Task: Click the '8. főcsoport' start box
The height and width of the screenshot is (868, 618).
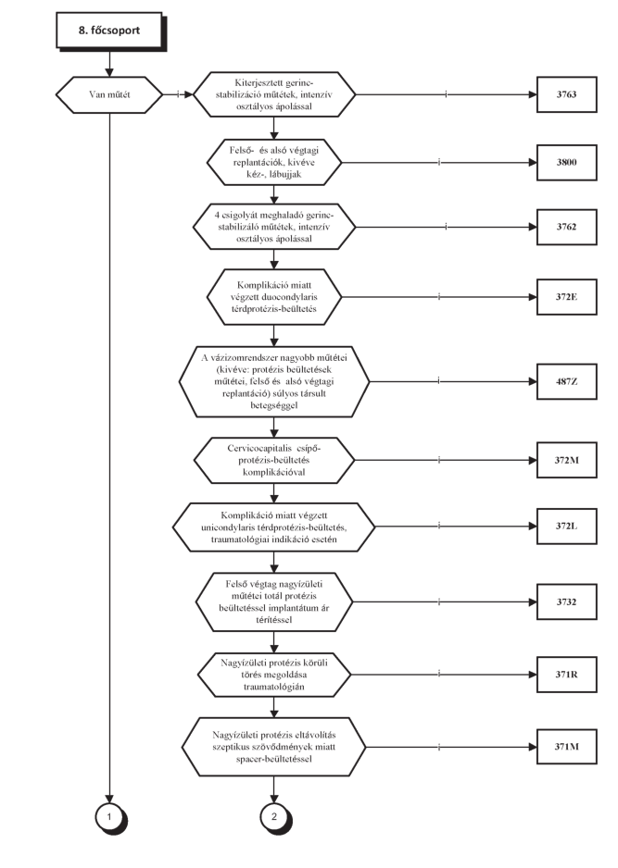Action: [109, 31]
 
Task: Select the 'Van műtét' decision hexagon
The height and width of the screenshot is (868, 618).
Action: [109, 94]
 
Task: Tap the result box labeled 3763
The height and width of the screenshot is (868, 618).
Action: [566, 94]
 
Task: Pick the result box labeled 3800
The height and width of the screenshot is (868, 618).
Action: [566, 163]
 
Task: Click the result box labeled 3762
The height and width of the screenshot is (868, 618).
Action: [566, 227]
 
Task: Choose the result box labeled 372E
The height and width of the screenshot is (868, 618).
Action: [566, 297]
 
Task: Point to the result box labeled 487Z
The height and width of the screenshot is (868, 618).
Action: [566, 381]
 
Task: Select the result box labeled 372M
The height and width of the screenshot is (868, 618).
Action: [566, 460]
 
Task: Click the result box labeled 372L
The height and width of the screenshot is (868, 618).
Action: [566, 526]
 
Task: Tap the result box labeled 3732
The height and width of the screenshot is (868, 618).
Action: [566, 601]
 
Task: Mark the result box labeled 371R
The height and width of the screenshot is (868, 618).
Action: [566, 675]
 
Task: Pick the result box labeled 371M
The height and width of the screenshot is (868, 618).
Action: [566, 747]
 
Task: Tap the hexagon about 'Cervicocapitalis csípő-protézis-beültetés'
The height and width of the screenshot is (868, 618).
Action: [274, 460]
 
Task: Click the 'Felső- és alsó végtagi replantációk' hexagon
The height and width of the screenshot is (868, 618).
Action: [274, 163]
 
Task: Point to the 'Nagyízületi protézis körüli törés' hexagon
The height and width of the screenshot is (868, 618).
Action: [274, 675]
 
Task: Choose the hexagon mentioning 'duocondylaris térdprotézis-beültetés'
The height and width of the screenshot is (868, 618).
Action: [274, 297]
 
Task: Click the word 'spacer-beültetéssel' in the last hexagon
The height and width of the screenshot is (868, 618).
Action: [274, 759]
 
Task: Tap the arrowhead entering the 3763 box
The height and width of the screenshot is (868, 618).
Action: [533, 94]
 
